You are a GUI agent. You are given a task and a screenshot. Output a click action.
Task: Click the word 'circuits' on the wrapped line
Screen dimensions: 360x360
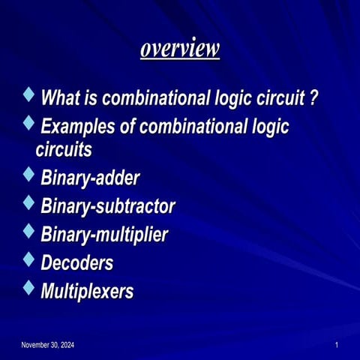click(64, 149)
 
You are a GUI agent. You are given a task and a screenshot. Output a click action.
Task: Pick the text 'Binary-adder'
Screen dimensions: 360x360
click(90, 179)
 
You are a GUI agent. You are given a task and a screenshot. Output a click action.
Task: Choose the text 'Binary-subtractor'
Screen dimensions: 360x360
click(108, 206)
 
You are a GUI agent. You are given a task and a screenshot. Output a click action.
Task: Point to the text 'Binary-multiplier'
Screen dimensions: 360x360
click(104, 234)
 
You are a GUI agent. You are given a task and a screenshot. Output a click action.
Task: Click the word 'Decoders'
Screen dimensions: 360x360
click(77, 262)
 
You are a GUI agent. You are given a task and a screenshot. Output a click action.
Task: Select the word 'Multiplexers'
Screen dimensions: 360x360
click(87, 290)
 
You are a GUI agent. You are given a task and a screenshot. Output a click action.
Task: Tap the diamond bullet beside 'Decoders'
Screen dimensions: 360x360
click(29, 259)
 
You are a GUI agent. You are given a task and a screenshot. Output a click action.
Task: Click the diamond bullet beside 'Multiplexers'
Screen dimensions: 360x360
click(29, 287)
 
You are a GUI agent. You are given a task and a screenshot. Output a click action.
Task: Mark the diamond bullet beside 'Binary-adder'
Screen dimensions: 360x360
click(29, 176)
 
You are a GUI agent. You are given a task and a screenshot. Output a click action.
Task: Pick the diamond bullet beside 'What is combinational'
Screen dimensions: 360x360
click(29, 95)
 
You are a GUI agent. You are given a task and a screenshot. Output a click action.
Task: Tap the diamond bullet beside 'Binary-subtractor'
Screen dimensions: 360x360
click(29, 203)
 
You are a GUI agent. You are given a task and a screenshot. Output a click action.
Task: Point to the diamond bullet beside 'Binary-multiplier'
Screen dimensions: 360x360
click(29, 231)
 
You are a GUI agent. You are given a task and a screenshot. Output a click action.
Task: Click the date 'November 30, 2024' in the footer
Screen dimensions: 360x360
click(47, 344)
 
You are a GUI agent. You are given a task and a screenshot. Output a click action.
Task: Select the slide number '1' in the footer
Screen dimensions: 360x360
click(337, 344)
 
